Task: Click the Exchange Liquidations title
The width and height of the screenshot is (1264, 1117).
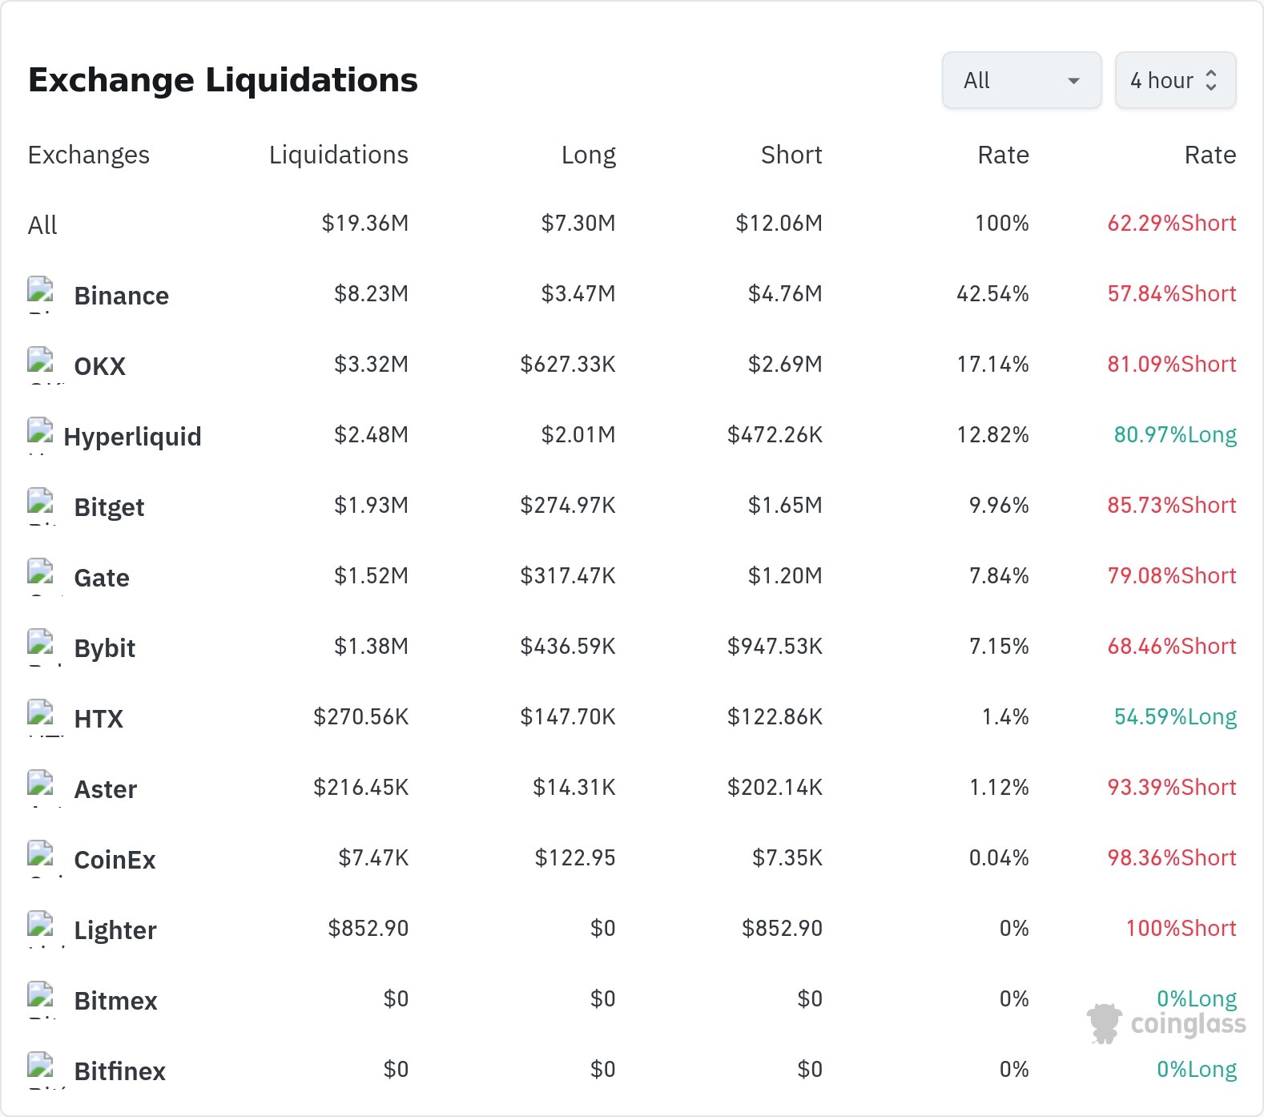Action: coord(223,80)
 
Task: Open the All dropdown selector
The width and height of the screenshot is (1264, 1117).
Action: coord(1021,80)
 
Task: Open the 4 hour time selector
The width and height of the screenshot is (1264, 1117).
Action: coord(1175,80)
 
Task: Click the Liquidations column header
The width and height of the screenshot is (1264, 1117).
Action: coord(339,155)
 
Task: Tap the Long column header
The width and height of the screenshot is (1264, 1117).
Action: coord(589,155)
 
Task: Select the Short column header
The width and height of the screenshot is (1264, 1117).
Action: coord(791,155)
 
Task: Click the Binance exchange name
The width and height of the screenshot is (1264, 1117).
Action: coord(122,296)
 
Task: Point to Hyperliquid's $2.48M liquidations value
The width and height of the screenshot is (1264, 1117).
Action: coord(372,434)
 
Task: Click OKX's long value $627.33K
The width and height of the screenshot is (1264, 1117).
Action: coord(568,364)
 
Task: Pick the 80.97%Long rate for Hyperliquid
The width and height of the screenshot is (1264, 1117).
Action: coord(1175,434)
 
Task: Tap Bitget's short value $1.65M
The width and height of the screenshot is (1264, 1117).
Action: coord(785,505)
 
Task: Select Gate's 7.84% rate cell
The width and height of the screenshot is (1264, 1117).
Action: coord(999,575)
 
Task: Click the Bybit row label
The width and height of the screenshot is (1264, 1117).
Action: coord(105,648)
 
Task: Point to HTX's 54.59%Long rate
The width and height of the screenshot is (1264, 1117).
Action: coord(1175,716)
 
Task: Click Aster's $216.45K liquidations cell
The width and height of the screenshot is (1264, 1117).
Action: coord(361,787)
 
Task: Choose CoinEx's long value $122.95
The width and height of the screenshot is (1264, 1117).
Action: coord(575,857)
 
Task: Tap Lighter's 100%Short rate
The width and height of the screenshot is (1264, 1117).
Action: coord(1181,928)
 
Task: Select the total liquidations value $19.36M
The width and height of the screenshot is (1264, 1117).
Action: coord(365,223)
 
